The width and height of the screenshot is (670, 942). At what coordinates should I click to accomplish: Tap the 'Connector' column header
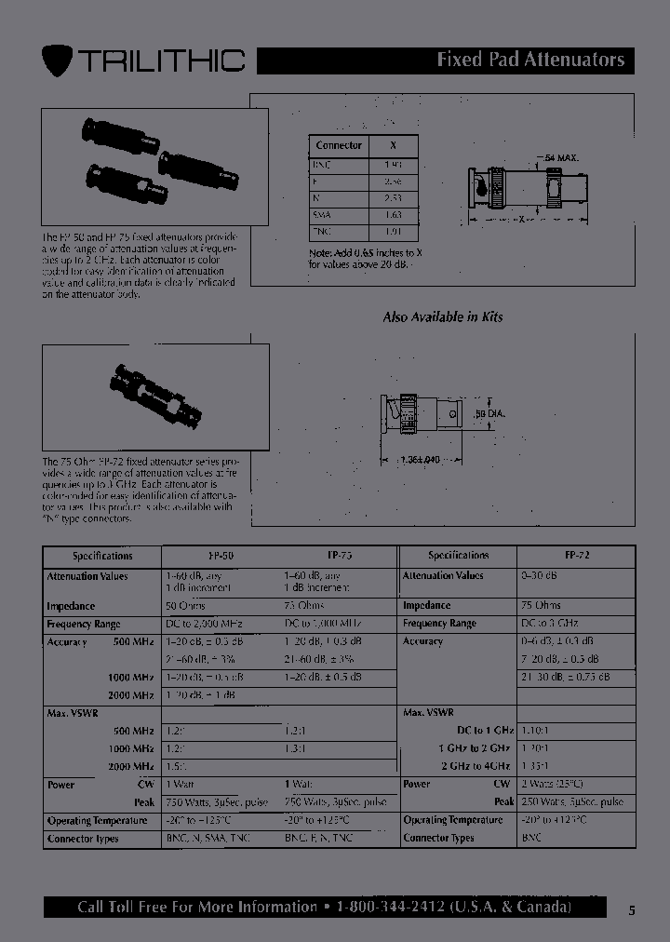[339, 145]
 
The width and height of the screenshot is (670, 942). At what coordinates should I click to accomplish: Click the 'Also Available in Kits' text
[443, 316]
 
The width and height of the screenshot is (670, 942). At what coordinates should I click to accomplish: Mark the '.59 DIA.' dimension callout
[491, 412]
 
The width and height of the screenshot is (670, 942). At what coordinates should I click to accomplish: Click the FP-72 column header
[576, 555]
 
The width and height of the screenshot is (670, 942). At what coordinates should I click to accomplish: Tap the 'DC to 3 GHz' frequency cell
[552, 624]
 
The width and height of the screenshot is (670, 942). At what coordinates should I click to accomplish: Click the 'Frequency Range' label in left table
[84, 624]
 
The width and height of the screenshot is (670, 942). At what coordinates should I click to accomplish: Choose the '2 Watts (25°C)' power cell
[552, 784]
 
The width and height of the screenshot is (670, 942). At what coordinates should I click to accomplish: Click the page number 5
[632, 911]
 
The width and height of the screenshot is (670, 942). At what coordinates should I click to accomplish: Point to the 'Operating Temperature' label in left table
[97, 820]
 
